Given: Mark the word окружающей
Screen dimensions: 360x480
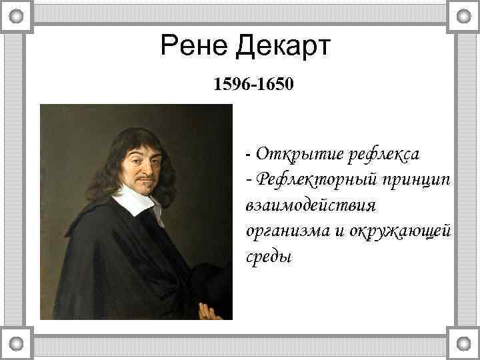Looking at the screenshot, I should (x=399, y=231).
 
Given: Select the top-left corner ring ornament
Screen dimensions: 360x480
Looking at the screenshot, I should (x=17, y=15).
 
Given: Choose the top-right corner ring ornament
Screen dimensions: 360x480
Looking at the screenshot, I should (x=463, y=15).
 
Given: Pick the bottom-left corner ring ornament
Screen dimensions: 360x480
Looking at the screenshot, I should (x=17, y=344).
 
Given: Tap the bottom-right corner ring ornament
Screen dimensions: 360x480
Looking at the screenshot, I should (x=463, y=344).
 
